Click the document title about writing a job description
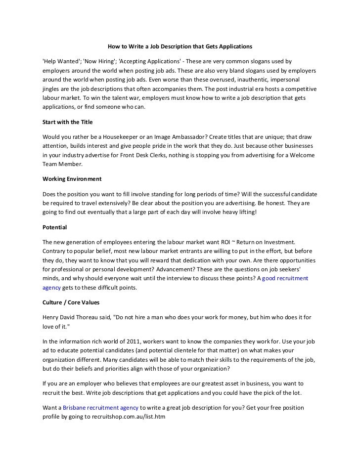(x=180, y=46)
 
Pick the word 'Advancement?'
(x=171, y=269)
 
